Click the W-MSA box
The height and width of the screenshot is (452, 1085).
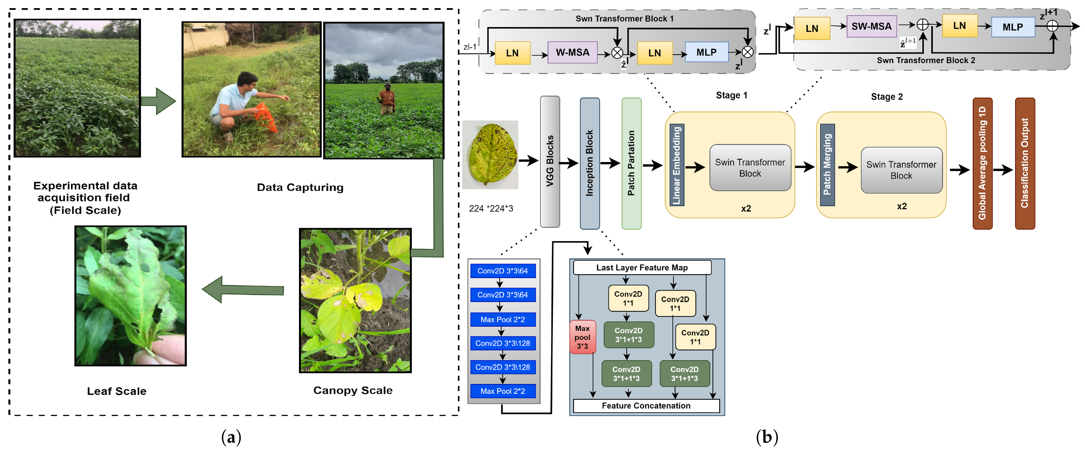point(572,53)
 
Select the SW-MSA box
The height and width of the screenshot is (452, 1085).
point(871,27)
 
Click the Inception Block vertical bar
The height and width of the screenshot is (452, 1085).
point(589,163)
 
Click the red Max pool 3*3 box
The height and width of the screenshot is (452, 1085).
point(582,337)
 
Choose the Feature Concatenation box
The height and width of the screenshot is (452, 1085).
point(646,406)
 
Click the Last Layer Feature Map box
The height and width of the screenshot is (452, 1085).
point(642,268)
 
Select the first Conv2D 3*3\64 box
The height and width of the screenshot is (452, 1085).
point(503,271)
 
